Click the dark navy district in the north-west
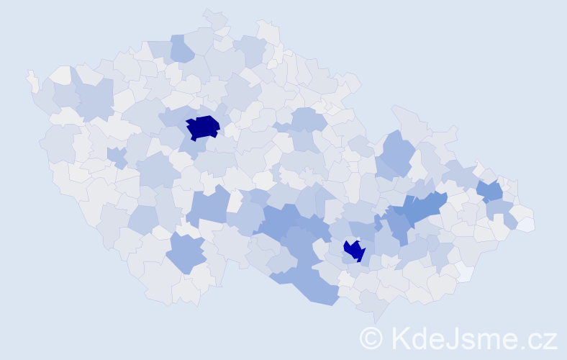point(203,127)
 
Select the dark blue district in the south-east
point(354,250)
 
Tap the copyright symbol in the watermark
point(371,337)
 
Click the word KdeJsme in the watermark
point(450,338)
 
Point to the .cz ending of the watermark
point(538,338)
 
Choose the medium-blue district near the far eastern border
point(491,191)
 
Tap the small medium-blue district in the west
point(116,156)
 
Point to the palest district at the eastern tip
point(527,224)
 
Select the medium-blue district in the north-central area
point(308,120)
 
